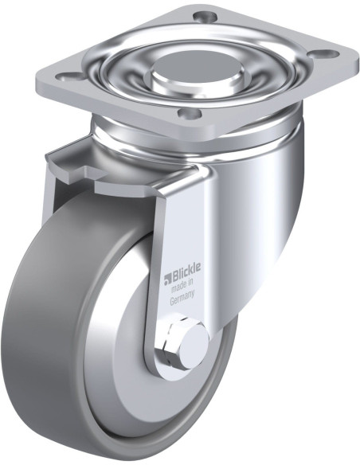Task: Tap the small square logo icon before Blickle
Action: [166, 279]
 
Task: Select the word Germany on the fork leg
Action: [182, 298]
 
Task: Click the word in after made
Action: [190, 283]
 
